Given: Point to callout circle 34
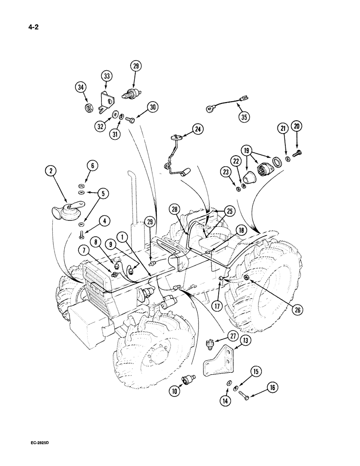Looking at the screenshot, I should click(x=81, y=87).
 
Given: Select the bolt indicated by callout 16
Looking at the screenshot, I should click(x=245, y=395).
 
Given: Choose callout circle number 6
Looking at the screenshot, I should click(x=91, y=165).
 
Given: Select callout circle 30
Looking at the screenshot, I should click(x=152, y=107).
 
